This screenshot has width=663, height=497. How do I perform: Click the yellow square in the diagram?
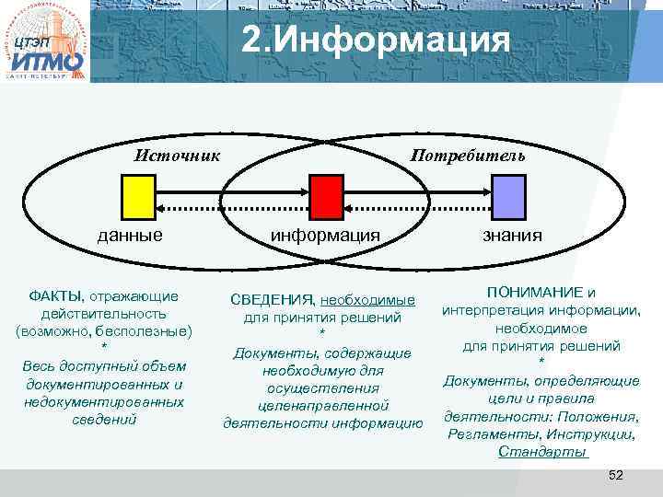137,195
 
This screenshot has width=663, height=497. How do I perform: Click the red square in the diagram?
324,195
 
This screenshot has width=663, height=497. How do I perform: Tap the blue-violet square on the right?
507,195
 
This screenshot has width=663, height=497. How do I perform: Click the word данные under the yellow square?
131,235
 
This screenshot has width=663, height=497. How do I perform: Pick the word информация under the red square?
324,235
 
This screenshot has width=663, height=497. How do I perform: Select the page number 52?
616,474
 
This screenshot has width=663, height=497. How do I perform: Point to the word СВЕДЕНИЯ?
271,300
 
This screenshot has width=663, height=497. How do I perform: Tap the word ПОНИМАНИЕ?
535,292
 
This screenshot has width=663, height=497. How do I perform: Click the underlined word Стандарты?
541,451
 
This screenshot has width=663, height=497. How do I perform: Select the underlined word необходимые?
367,300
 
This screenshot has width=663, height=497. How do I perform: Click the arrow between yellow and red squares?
230,195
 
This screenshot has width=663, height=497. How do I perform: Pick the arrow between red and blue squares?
416,195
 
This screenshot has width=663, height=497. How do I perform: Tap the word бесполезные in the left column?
145,330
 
